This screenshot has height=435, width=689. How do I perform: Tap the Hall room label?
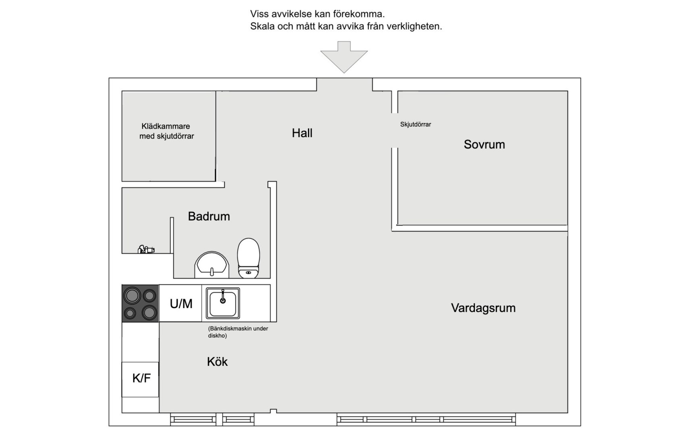coord(302,133)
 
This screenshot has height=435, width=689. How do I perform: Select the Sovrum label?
coord(484,144)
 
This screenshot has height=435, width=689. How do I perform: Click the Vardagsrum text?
coord(483,308)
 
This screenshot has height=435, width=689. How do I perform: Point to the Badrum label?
coord(209,216)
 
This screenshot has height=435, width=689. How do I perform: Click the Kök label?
coord(217,362)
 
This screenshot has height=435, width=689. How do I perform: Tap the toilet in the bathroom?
coord(248,258)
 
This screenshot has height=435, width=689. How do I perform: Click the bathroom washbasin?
coord(212,265)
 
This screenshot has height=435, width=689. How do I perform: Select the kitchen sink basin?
coord(223,304)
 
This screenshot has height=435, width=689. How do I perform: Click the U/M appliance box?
coord(181,303)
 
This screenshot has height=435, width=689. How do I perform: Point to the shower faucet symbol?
coord(146,249)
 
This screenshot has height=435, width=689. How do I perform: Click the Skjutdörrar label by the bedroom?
coord(415,124)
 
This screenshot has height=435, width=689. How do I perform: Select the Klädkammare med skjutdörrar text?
coord(166,131)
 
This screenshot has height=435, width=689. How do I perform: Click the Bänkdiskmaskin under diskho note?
coord(238,332)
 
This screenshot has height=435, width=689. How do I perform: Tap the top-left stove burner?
coord(132,296)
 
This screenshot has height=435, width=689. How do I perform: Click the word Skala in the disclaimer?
coord(262,27)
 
